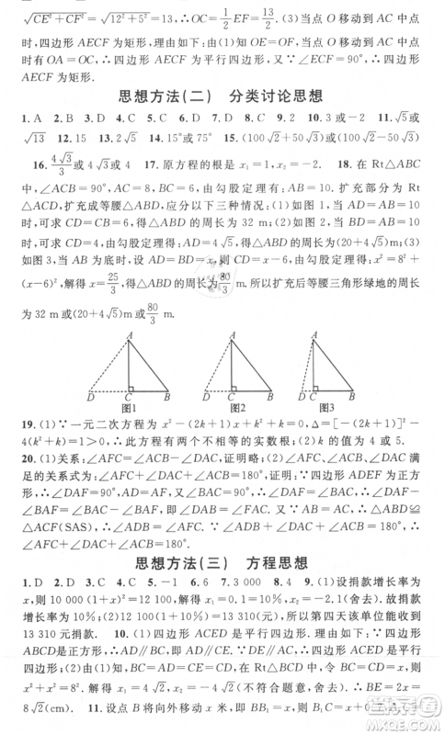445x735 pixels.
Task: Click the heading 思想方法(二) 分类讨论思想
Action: [x=222, y=95]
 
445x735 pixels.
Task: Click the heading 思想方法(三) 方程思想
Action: [x=222, y=562]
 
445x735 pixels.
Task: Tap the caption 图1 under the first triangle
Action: [x=129, y=407]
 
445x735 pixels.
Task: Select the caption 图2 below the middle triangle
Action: [x=237, y=407]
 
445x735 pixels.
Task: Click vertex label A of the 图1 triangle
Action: [x=131, y=334]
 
